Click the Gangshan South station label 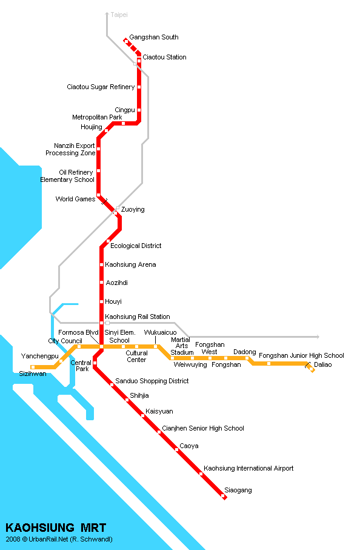(153, 37)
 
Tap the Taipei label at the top (119, 13)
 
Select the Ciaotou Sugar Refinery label (101, 87)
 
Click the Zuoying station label (133, 209)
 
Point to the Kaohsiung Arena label (130, 264)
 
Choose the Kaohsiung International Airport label (248, 468)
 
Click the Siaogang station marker (224, 497)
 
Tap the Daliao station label (323, 364)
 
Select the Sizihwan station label (33, 374)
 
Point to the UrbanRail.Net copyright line (59, 539)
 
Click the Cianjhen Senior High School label (203, 428)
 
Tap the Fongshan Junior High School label (301, 355)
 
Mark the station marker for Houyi (101, 301)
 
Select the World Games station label (75, 199)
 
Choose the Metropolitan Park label (97, 117)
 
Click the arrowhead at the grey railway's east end (317, 337)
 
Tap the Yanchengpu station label (39, 356)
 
